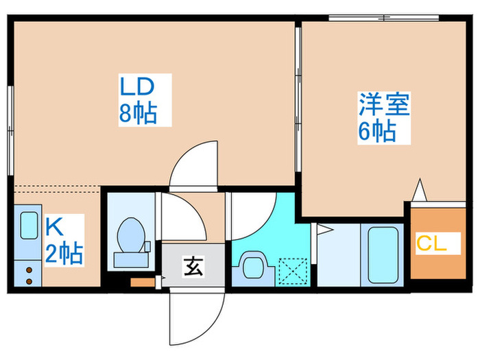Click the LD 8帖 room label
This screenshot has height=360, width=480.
coord(139,100)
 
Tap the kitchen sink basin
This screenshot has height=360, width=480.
coord(29,226)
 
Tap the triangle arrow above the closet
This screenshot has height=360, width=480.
coord(420,189)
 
